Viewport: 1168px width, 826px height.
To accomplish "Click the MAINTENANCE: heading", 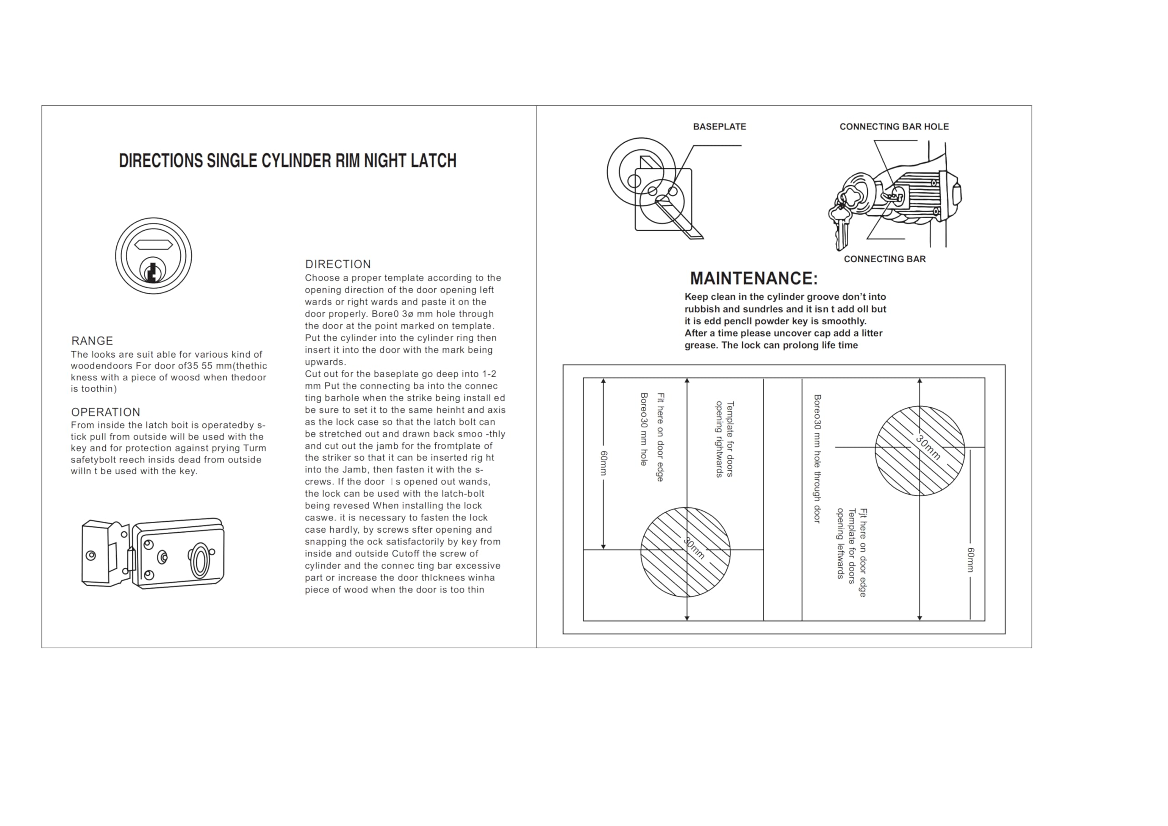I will (753, 278).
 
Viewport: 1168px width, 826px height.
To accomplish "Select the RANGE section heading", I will (92, 341).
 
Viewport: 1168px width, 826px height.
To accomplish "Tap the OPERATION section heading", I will (105, 412).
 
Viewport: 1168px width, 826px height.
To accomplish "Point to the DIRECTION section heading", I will (338, 264).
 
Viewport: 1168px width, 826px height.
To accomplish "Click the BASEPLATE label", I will (720, 127).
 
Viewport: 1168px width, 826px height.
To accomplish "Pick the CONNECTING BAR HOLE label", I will (894, 127).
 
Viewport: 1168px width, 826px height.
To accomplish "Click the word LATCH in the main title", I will (433, 161).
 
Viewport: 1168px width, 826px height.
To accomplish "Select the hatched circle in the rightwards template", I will (685, 552).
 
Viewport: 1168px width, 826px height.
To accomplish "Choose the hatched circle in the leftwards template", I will (919, 451).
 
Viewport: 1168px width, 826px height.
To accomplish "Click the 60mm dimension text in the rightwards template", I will (604, 463).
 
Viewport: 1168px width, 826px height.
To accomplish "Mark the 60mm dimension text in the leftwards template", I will (970, 560).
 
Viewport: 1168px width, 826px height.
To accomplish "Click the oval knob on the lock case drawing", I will (199, 561).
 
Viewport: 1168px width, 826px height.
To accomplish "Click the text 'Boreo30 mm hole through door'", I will (817, 458).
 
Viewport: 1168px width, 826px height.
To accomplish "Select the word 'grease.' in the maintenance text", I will (702, 345).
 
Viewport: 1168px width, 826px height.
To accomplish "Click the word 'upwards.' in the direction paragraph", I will (325, 362).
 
